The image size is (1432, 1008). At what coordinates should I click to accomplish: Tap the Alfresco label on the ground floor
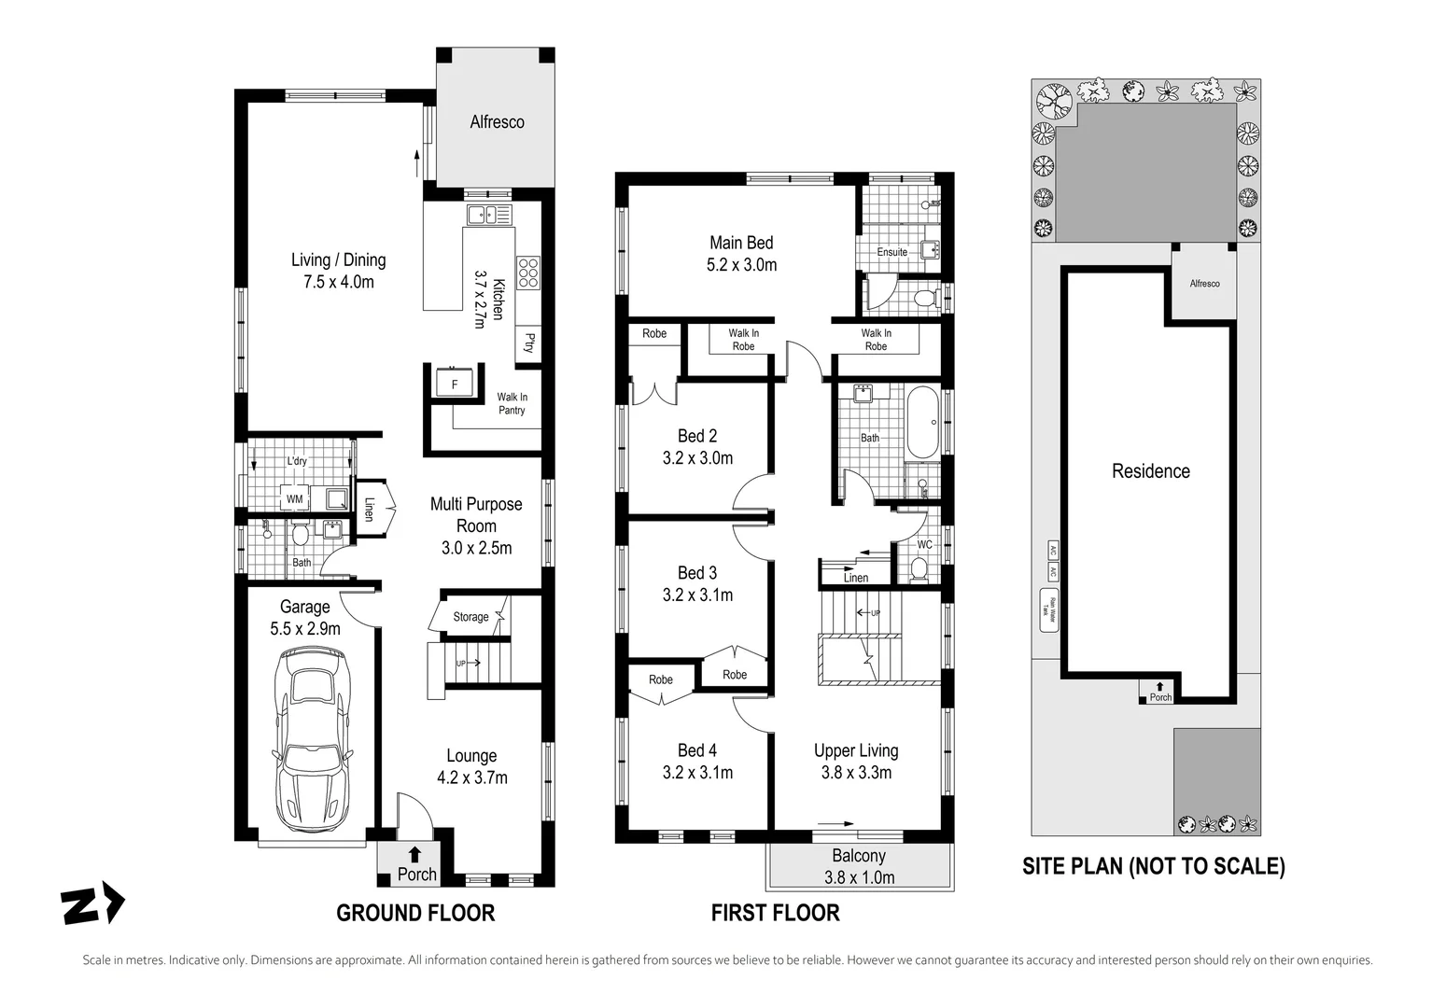[497, 122]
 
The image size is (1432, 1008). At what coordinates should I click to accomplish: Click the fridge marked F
[455, 384]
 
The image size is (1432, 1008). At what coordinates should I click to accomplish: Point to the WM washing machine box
[294, 499]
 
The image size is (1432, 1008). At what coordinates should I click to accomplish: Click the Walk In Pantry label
[512, 403]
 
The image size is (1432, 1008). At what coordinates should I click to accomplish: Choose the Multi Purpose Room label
[476, 525]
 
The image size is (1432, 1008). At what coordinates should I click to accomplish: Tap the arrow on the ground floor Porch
[414, 853]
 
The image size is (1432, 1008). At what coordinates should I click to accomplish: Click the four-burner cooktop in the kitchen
[527, 272]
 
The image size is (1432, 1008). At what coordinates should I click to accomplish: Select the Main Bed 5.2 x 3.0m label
[741, 253]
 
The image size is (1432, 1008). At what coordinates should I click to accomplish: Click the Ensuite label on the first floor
[891, 252]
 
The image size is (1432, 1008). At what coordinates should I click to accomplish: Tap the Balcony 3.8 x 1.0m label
[859, 866]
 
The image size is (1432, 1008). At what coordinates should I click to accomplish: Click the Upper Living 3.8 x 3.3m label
[856, 761]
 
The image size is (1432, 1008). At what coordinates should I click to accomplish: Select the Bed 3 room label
[697, 583]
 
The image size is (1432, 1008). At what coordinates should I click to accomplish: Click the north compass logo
[92, 905]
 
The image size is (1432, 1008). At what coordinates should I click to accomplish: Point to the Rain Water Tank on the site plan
[1048, 610]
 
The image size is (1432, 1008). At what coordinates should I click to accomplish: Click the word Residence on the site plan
[1150, 471]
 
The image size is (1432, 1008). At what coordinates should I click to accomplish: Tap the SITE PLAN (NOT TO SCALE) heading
[1153, 866]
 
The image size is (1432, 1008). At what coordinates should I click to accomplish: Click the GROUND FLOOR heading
[415, 913]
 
